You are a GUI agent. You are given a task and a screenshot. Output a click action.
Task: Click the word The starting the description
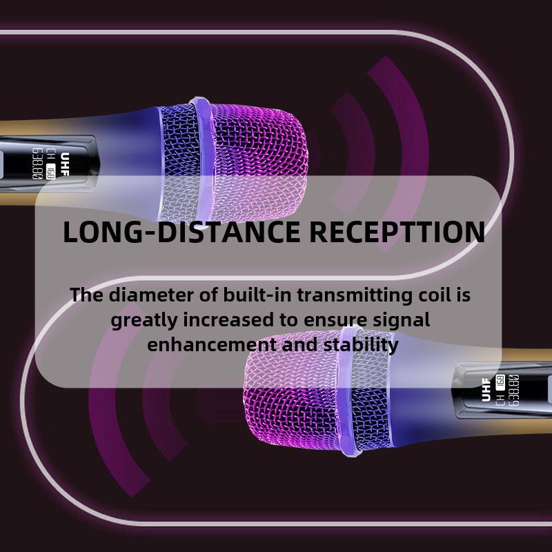click(85, 296)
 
